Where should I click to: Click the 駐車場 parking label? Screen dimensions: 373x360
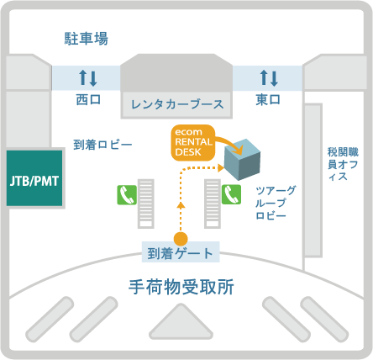[87, 39]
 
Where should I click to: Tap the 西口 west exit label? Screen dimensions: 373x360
[88, 99]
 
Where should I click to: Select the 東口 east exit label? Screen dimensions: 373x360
[268, 99]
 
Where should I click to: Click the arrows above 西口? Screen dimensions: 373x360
[88, 77]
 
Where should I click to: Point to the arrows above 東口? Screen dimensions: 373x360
[269, 77]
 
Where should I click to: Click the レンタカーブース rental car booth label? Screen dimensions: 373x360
[177, 104]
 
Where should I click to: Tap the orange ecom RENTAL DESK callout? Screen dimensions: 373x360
[193, 142]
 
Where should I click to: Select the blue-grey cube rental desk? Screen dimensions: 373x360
[243, 159]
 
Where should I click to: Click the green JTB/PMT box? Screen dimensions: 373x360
[34, 178]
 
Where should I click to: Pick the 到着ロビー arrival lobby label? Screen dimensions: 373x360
[102, 145]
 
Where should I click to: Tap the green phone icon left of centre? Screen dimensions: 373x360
[127, 195]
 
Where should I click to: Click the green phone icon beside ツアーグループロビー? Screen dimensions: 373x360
[231, 194]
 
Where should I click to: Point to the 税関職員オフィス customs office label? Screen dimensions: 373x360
[343, 164]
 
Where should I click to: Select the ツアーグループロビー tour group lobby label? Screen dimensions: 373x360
[276, 203]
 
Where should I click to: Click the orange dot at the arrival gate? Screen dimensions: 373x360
[181, 239]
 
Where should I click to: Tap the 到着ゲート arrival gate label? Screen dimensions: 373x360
[180, 253]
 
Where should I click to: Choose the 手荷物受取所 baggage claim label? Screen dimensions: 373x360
[181, 287]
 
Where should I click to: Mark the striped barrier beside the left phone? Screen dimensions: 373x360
[146, 204]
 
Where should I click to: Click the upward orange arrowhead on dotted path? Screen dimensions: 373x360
[181, 205]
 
